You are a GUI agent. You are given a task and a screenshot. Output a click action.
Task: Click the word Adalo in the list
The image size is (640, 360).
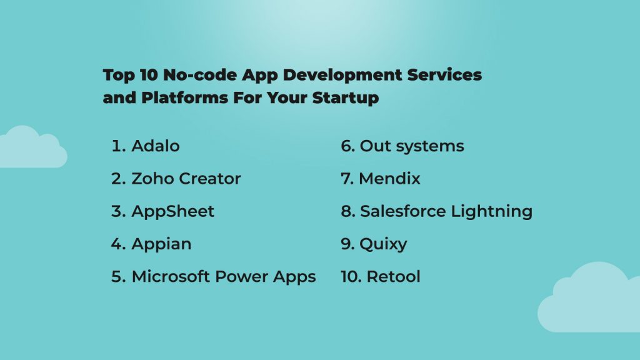click(155, 146)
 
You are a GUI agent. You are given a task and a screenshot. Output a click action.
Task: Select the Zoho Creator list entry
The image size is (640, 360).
click(186, 179)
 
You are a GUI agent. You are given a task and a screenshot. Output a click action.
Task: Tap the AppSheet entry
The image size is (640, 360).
click(172, 211)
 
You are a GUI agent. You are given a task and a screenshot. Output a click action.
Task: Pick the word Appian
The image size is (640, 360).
click(161, 244)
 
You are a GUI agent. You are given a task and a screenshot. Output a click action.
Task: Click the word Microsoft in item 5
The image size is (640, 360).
click(170, 276)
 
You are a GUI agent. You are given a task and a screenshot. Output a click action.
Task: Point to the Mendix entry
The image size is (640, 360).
click(389, 179)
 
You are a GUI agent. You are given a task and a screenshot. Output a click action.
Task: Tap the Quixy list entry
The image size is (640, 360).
click(382, 244)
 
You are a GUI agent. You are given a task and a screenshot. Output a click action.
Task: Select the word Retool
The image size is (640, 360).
click(393, 276)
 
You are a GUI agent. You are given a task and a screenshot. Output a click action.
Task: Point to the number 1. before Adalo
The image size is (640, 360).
click(119, 146)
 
